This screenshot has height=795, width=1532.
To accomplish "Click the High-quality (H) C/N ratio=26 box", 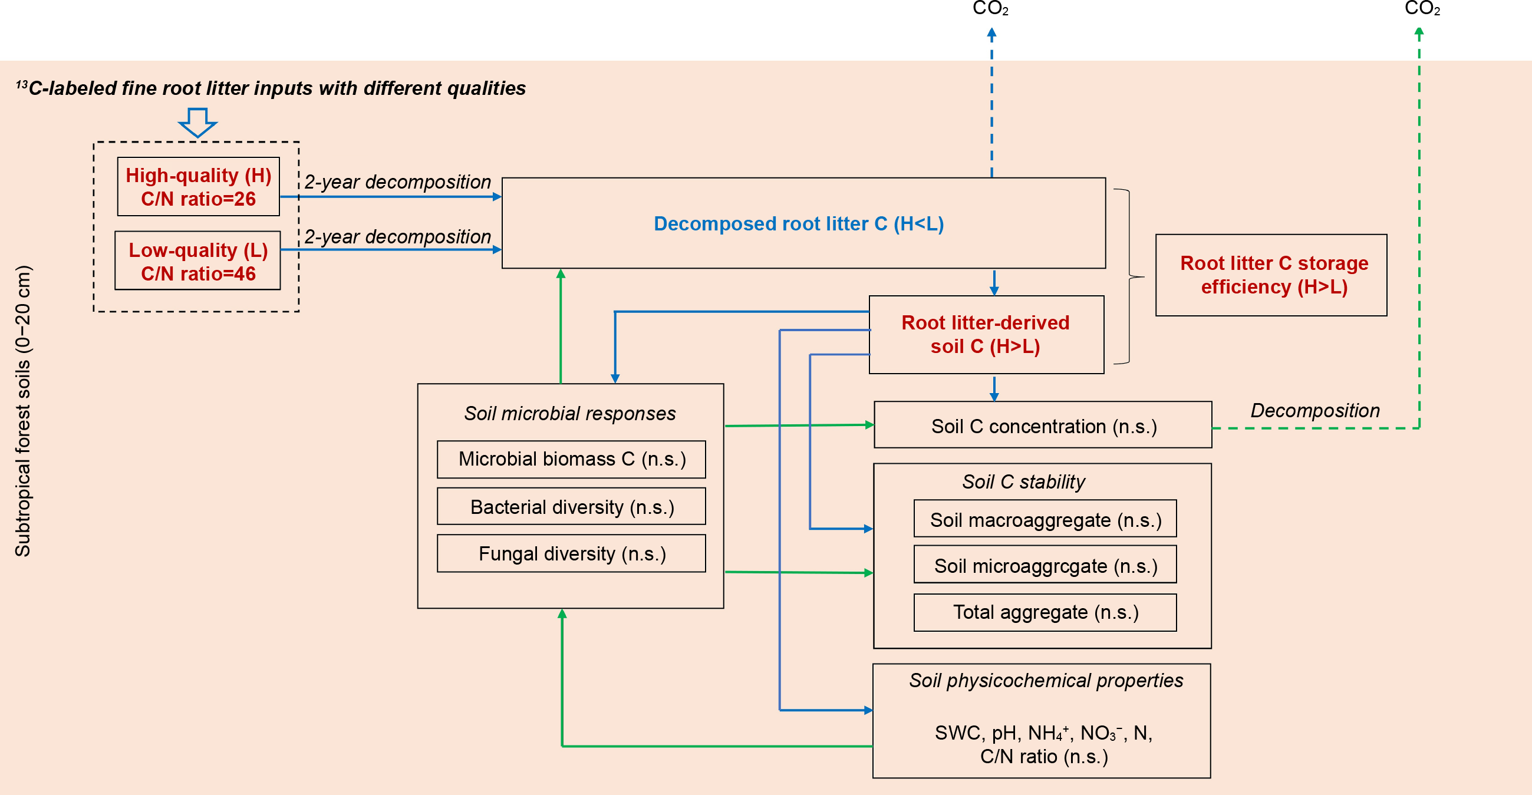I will click(x=198, y=187).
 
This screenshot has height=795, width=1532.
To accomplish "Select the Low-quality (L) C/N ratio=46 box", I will click(x=198, y=261).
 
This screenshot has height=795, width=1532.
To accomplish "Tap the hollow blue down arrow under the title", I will click(x=197, y=122).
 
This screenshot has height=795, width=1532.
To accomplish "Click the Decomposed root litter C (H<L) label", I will click(x=798, y=223).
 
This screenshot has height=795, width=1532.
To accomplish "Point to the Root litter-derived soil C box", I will click(x=986, y=335).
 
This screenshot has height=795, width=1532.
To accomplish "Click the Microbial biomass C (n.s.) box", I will click(x=572, y=459).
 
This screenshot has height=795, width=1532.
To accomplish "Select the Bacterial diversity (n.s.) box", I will click(x=572, y=507).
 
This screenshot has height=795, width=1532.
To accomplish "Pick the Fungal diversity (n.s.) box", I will click(x=572, y=553).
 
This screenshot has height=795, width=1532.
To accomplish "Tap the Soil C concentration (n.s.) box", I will click(x=1043, y=425).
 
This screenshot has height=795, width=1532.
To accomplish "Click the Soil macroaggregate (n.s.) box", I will click(x=1045, y=520).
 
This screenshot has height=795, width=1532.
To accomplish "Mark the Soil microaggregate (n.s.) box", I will click(x=1045, y=566).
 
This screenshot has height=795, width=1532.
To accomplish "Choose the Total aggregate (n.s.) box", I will click(x=1045, y=612).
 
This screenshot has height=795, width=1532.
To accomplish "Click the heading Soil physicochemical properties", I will click(x=1046, y=680).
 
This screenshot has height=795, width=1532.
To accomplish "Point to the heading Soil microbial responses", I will click(x=570, y=413).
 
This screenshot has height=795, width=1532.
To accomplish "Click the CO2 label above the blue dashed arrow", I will click(x=990, y=9).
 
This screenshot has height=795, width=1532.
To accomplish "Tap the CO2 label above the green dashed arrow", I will click(x=1422, y=9).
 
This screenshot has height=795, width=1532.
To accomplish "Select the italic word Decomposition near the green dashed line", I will click(x=1315, y=410).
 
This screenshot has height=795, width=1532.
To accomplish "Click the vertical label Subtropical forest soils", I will click(x=23, y=411).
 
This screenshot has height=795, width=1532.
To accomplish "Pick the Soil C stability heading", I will click(x=1023, y=481).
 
